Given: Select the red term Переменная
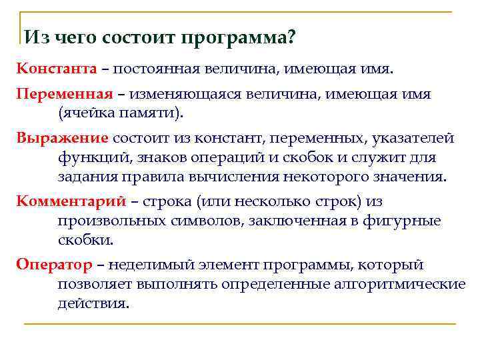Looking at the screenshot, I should tap(63, 94).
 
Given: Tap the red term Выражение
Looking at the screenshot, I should tap(62, 138).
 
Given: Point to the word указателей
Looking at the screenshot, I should tap(413, 138).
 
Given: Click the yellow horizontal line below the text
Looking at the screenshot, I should tap(240, 324).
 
